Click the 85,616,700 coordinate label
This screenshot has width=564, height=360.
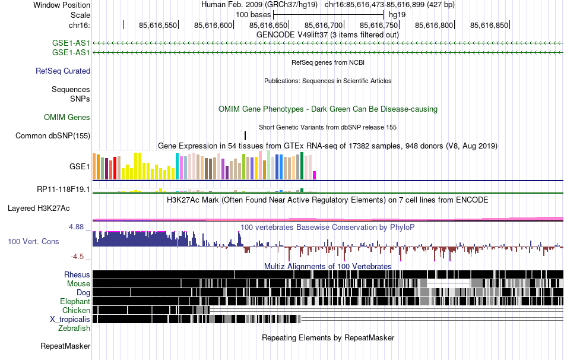click(x=324, y=25)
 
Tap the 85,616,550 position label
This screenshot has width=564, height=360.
click(x=158, y=25)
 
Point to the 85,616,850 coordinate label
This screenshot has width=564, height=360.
click(x=489, y=25)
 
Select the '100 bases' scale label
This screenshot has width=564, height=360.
click(x=254, y=14)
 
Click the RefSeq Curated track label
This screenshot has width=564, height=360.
click(x=63, y=71)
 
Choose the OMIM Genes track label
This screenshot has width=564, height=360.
click(x=67, y=118)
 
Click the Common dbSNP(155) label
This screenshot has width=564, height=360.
click(x=53, y=135)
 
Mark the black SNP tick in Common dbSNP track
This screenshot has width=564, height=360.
click(x=245, y=135)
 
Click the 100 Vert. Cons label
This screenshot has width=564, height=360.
click(x=33, y=241)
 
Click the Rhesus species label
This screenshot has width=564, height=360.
click(x=77, y=274)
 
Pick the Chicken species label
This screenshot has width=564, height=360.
click(x=76, y=310)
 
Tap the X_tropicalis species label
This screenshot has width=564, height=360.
click(x=70, y=319)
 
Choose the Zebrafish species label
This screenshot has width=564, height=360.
click(x=74, y=328)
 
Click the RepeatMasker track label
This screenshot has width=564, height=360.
click(x=65, y=346)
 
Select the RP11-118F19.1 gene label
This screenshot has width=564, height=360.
click(x=64, y=190)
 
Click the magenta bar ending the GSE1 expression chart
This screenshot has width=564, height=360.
click(x=315, y=175)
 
